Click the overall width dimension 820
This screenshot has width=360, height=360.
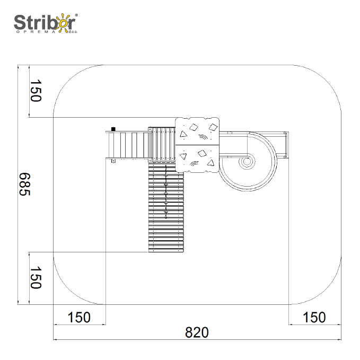pyautogui.click(x=197, y=332)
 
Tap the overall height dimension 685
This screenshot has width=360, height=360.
pyautogui.click(x=24, y=184)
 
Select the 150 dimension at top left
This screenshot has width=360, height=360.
pyautogui.click(x=36, y=91)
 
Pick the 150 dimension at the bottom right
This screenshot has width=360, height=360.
pyautogui.click(x=314, y=318)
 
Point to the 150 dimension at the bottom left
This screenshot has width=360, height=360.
pyautogui.click(x=79, y=318)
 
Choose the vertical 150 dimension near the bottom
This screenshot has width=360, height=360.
pyautogui.click(x=36, y=278)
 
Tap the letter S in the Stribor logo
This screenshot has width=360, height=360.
pyautogui.click(x=20, y=22)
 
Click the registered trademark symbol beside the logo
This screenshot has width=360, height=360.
pyautogui.click(x=76, y=15)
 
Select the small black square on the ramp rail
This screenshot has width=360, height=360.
pyautogui.click(x=113, y=129)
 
